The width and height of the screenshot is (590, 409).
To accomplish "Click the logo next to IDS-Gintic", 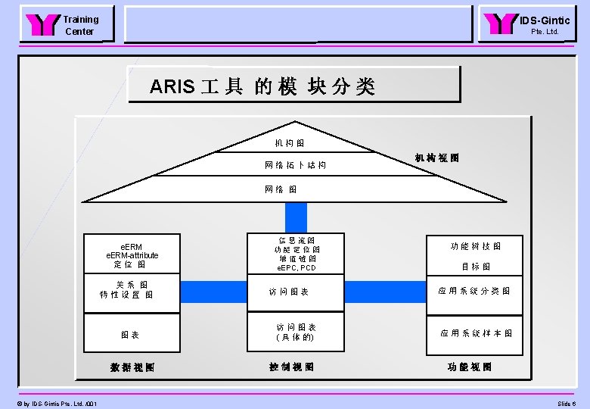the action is click(x=501, y=24).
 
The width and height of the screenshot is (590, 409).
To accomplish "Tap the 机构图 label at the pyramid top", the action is click(x=290, y=142).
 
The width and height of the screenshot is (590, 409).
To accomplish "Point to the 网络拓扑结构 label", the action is click(x=295, y=164).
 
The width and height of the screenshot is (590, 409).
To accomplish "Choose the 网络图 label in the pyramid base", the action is click(x=281, y=189).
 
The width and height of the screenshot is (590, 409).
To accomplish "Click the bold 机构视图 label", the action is click(x=436, y=158).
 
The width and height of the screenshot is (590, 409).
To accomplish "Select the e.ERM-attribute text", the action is click(x=132, y=256).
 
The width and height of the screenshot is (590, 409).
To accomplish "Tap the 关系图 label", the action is click(x=132, y=284).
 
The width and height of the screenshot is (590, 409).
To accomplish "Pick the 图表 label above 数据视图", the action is click(x=129, y=334).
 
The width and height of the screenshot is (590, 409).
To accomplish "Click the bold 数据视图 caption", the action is click(x=132, y=367).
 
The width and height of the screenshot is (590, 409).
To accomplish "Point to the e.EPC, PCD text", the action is click(x=297, y=268).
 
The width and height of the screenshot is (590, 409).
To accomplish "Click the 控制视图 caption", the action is click(x=291, y=367).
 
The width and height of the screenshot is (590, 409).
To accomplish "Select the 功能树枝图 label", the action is click(x=475, y=246).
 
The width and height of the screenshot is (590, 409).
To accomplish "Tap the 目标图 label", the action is click(x=476, y=267).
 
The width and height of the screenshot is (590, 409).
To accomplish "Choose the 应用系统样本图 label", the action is click(x=477, y=333).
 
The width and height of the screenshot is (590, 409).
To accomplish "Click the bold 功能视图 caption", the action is click(x=470, y=367).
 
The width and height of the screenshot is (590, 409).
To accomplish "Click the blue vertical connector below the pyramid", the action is click(x=296, y=215).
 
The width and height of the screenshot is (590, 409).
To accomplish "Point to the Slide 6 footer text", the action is click(x=567, y=404).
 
